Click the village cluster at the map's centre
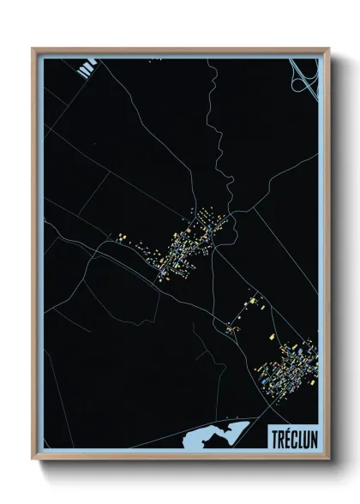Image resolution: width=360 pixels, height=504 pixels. (189, 244)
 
